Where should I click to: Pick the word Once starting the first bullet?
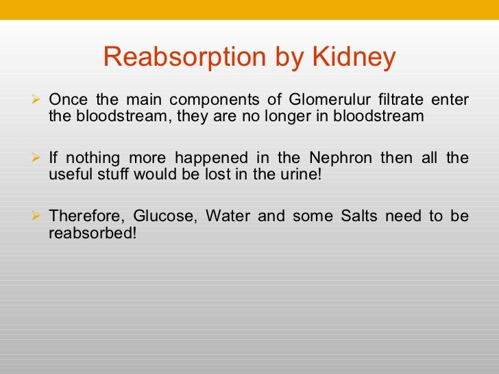pos(67,100)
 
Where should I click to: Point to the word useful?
pos(67,175)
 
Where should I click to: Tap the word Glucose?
pos(160,216)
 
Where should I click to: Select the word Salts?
pos(356,216)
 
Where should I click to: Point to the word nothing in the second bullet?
pos(89,158)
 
